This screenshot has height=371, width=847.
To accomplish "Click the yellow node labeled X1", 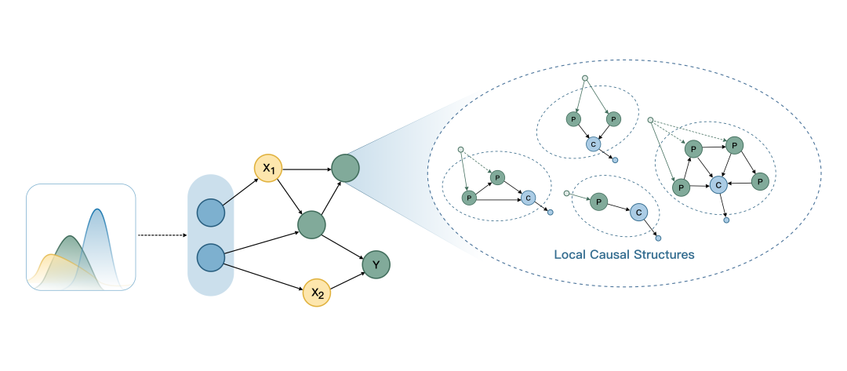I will point(267,168).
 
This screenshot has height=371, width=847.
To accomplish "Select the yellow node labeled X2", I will point(316,293).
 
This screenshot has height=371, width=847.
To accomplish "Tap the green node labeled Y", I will point(376,265).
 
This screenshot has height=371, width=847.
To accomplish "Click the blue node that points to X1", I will point(209,213).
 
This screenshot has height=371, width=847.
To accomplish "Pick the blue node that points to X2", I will point(209,257).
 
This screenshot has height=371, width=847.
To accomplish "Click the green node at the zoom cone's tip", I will point(345,167).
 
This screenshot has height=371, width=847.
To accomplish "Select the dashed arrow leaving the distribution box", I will point(162,235).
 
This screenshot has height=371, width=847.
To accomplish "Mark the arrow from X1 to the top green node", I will point(306,168).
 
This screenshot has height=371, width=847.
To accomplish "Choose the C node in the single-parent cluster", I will point(638,213).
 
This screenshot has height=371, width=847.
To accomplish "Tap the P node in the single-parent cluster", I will point(599,202).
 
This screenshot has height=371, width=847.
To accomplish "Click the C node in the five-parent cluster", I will point(716,184).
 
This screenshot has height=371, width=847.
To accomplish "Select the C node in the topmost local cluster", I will point(593,144).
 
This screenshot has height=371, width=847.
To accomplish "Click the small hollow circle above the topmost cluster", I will point(584,78).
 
